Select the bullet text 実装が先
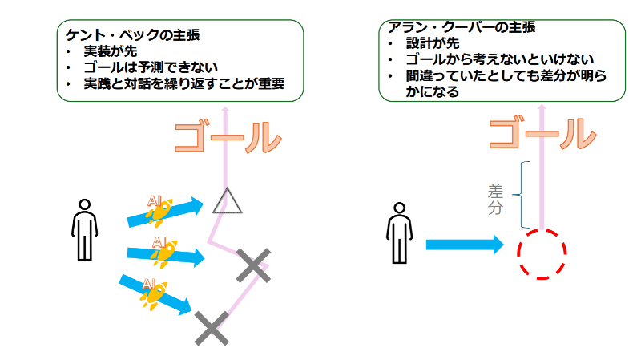[111, 52]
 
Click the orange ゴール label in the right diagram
[542, 135]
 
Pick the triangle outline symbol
[228, 201]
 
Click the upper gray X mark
[253, 265]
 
